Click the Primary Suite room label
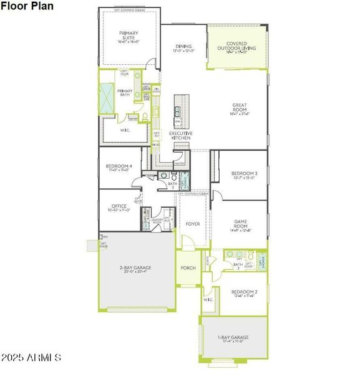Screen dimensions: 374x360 pos(129,36)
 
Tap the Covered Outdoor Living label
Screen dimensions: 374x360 pos(236,47)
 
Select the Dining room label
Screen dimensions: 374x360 pos(183,47)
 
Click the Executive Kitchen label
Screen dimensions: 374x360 pos(180,135)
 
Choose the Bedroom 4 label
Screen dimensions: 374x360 pos(119,166)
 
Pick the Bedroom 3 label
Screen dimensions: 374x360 pos(244,174)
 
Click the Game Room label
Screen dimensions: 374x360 pos(241,223)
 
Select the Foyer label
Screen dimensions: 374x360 pos(193,223)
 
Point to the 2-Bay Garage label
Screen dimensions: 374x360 pos(135,269)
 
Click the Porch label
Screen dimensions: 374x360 pos(188,268)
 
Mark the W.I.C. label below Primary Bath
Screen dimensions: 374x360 pos(125,130)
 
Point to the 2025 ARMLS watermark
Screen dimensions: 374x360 pos(31,358)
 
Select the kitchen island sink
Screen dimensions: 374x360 pos(177,112)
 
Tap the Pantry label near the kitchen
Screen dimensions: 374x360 pos(180,163)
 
